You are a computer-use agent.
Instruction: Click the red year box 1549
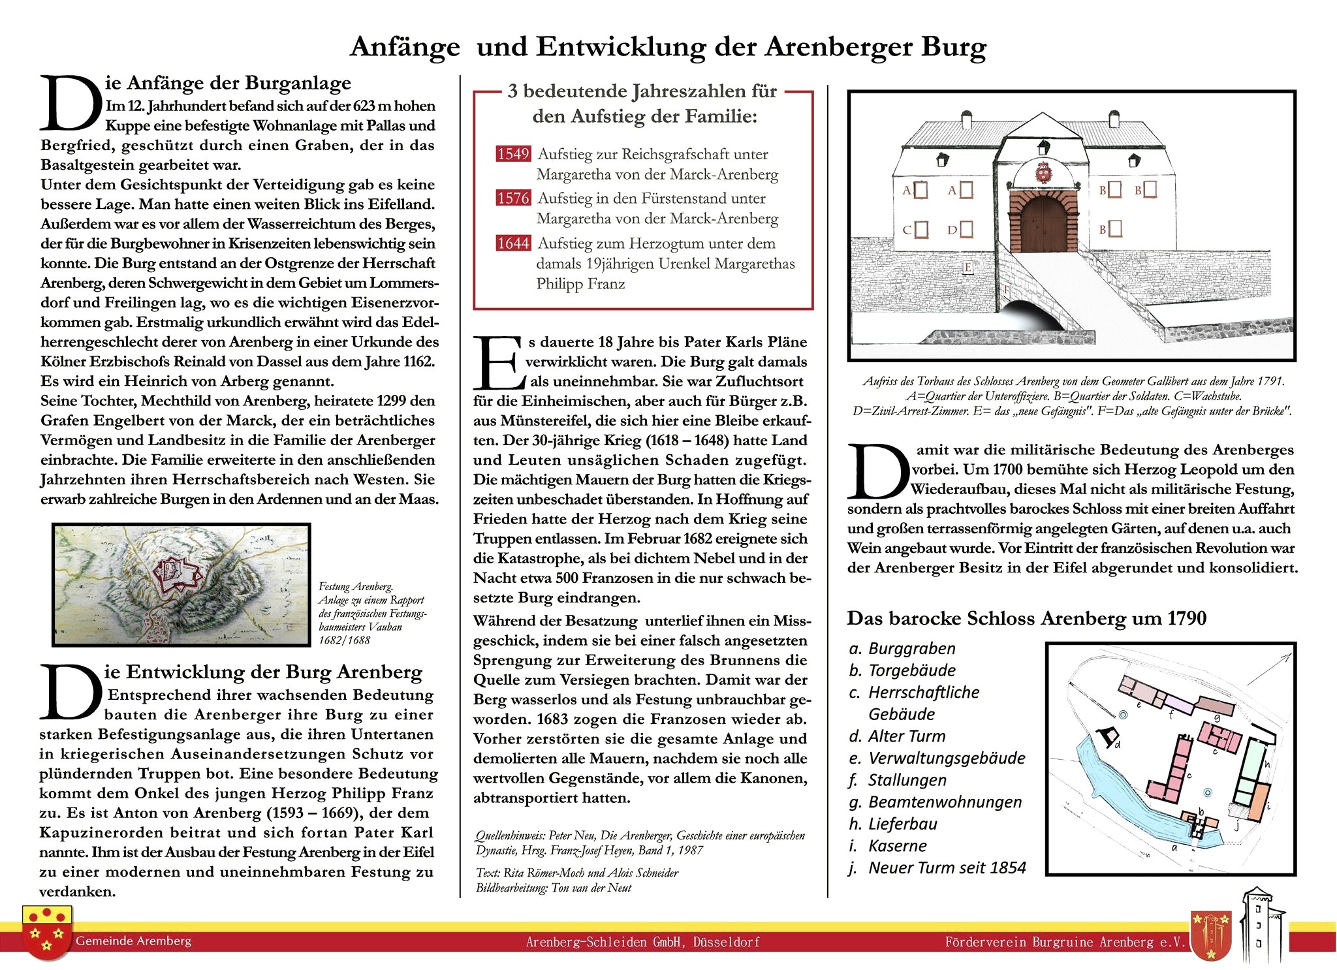(513, 154)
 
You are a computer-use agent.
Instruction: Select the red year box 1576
(513, 198)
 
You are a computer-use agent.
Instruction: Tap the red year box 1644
(513, 243)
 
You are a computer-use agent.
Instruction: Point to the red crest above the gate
(1043, 173)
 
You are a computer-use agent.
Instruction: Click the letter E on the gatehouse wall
(967, 268)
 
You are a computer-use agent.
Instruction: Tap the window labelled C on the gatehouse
(921, 229)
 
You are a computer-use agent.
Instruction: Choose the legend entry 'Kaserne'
(896, 846)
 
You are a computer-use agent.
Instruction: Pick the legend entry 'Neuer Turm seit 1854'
(946, 868)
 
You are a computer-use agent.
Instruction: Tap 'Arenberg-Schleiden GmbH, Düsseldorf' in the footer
(642, 942)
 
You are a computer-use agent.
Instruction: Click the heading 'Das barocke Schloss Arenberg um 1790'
(1026, 618)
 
